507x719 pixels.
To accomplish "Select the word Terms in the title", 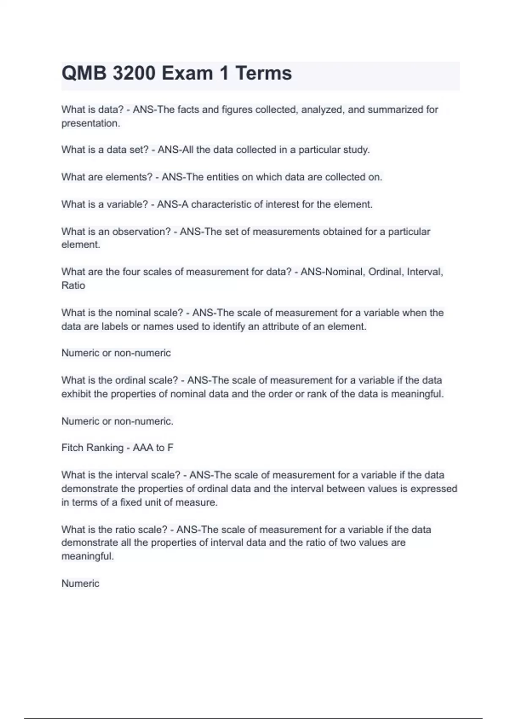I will tap(264, 73).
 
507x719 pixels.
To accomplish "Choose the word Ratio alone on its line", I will tap(73, 285).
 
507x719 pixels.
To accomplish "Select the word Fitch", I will tap(73, 447).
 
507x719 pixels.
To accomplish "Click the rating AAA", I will tap(143, 447).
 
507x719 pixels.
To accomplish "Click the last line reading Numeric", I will tap(80, 583).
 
